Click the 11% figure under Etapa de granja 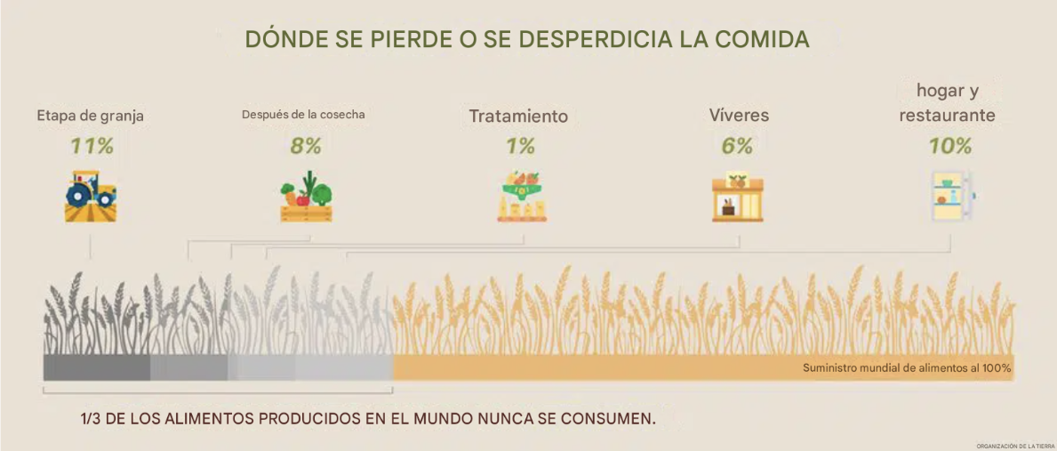tap(92, 146)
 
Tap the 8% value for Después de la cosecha tap(306, 146)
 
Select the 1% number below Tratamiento tap(520, 146)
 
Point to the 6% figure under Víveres tap(738, 146)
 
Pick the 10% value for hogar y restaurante tap(950, 146)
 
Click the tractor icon tap(91, 197)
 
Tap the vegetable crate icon tap(306, 197)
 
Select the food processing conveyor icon tap(522, 197)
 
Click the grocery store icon tap(738, 197)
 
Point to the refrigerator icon tap(953, 197)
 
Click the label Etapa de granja tap(91, 117)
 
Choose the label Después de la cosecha tap(303, 115)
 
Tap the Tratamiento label tap(518, 116)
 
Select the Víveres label tap(739, 116)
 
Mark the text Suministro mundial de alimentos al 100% tap(907, 369)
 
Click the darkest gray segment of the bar tap(96, 367)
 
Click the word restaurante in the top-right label tap(947, 116)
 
